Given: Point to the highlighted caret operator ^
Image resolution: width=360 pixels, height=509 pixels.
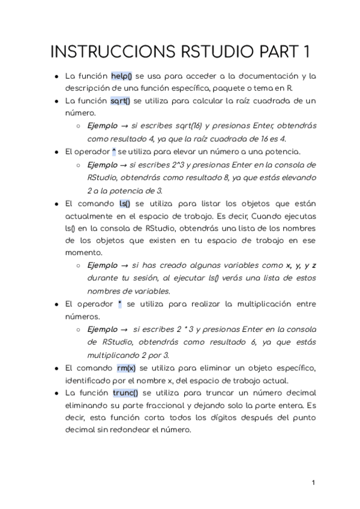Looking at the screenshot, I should tap(114, 151).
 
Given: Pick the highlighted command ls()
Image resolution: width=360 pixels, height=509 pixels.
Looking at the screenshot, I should tap(125, 204).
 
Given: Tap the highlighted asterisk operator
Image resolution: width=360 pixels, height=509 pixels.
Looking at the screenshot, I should tap(120, 304).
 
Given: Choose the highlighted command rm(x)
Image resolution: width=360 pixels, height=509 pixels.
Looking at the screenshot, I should tap(127, 367).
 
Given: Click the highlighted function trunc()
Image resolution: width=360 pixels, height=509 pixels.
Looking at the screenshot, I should tap(125, 393).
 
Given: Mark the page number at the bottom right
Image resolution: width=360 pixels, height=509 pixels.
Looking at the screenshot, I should tap(313, 482).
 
